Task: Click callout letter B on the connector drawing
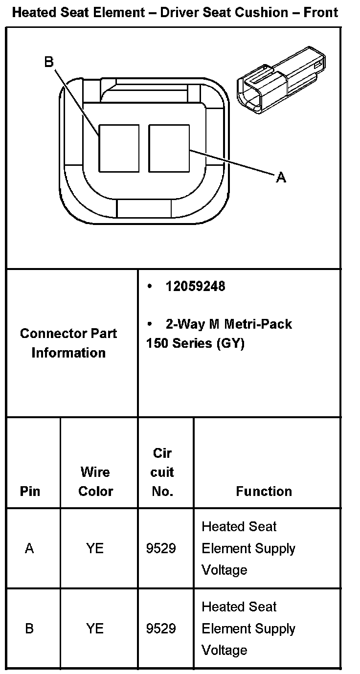tap(48, 62)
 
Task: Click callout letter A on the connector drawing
tap(281, 177)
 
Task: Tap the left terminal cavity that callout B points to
tap(119, 148)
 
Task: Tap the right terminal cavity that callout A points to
tap(169, 148)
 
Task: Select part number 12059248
tap(195, 287)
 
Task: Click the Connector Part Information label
tap(68, 343)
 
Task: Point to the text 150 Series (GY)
tap(195, 343)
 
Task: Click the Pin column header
tap(30, 491)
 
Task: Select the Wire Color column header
tap(96, 481)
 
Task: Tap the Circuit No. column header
tap(162, 472)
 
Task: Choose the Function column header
tap(264, 491)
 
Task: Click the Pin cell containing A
tap(29, 548)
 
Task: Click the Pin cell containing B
tap(29, 629)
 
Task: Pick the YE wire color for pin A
tap(95, 548)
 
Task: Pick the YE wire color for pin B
tap(95, 629)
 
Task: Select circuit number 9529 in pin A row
tap(161, 548)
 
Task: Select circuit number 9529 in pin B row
tap(161, 629)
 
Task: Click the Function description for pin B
tap(248, 629)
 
